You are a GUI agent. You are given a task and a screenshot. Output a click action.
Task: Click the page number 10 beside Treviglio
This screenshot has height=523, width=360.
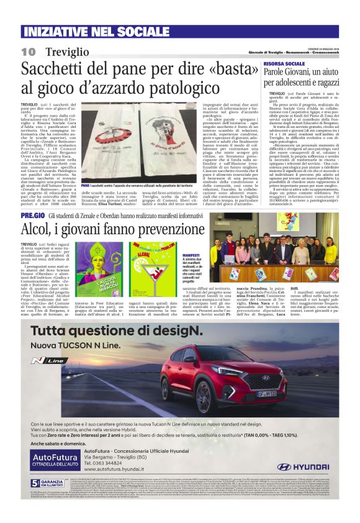tap(29, 51)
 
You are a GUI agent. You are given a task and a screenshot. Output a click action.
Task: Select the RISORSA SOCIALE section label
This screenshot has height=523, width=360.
tap(284, 63)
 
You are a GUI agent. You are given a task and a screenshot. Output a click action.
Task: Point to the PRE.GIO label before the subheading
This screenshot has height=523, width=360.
tap(32, 215)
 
